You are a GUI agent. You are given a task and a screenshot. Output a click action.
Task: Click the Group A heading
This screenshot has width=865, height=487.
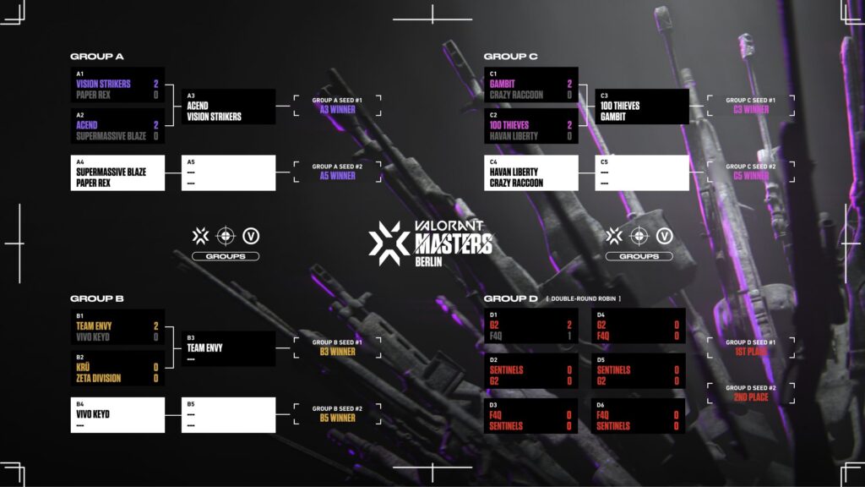[x=96, y=57]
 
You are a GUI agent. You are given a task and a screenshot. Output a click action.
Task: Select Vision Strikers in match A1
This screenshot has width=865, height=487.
[x=104, y=85]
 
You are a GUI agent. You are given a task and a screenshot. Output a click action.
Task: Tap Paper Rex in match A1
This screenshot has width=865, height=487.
[x=94, y=95]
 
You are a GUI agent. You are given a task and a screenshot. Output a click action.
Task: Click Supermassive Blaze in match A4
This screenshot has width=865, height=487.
[x=111, y=172]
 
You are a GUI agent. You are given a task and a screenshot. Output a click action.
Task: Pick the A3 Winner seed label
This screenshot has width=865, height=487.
[x=337, y=109]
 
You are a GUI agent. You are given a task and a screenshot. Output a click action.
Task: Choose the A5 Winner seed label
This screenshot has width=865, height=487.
[x=337, y=176]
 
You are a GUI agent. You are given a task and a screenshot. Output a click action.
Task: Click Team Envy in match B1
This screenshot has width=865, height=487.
[x=94, y=326]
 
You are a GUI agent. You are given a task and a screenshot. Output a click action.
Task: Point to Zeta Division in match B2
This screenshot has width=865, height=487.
[x=98, y=378]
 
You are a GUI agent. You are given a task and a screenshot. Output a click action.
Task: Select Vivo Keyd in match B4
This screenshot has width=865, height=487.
[x=93, y=414]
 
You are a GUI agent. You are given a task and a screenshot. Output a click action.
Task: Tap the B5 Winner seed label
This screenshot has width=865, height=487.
[x=337, y=418]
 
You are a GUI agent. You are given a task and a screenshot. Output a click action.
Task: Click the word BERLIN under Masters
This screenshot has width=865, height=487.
[x=428, y=261]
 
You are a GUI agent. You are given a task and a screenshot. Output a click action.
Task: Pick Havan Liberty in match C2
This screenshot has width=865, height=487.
[x=513, y=135]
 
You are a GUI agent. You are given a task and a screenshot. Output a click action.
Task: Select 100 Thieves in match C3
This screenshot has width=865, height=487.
[x=620, y=106]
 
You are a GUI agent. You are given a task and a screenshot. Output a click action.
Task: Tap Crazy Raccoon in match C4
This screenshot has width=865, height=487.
[x=516, y=183]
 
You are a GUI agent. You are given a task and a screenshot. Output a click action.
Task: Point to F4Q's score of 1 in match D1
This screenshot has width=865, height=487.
[x=569, y=337]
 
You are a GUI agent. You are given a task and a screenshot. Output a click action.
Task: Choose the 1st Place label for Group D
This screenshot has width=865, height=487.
[x=751, y=351]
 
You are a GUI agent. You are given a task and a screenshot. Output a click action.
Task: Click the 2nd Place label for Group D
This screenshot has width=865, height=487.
[x=751, y=397]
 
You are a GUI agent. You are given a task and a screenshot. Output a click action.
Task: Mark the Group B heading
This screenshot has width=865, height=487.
[x=97, y=298]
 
